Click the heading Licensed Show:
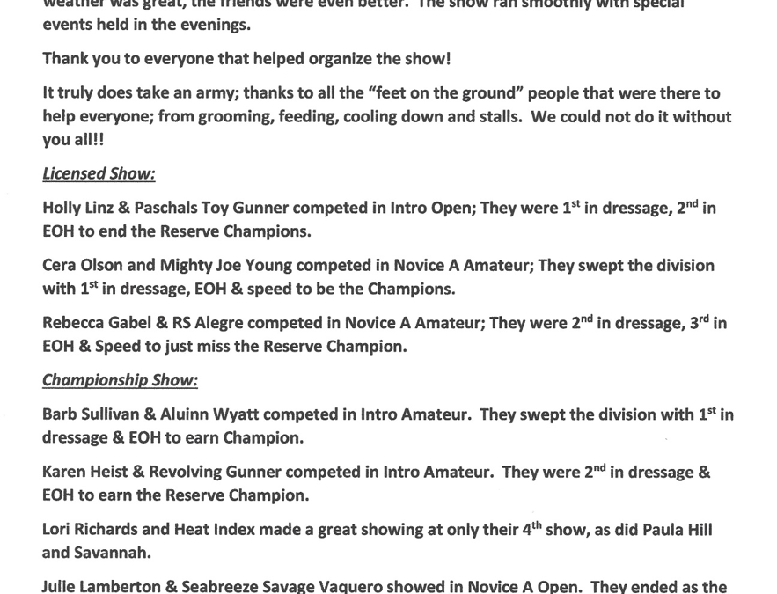(99, 174)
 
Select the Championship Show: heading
(120, 380)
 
